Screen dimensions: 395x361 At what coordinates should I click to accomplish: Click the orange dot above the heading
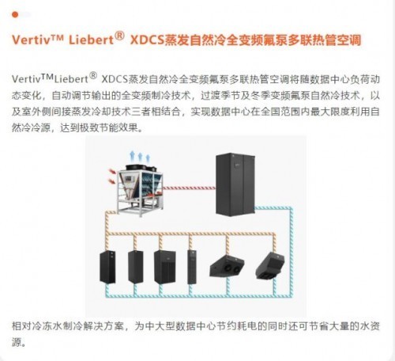(x=15, y=15)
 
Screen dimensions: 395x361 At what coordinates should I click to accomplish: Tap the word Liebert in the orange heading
(x=92, y=40)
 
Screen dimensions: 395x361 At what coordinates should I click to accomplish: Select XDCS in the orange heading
(x=147, y=40)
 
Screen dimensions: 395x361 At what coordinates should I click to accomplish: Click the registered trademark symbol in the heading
(x=119, y=36)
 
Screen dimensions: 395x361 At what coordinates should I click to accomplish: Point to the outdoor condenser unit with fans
(x=140, y=190)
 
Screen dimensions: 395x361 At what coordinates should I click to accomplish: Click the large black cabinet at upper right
(x=235, y=184)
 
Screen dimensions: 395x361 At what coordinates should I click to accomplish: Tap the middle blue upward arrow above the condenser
(x=140, y=157)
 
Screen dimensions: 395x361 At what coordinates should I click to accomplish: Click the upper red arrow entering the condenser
(x=112, y=172)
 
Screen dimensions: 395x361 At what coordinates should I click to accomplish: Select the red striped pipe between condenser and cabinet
(x=189, y=188)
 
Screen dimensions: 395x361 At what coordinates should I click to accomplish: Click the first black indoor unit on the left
(x=107, y=267)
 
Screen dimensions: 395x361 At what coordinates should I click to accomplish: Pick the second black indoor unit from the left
(x=136, y=267)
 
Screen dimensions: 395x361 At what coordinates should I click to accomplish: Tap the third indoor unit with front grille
(x=164, y=267)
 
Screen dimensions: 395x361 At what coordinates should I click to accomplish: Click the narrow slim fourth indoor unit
(x=192, y=267)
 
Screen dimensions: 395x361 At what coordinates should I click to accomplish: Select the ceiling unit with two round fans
(x=227, y=266)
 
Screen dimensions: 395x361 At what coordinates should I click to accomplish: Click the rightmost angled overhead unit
(x=270, y=265)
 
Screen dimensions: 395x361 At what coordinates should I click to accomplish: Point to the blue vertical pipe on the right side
(x=292, y=252)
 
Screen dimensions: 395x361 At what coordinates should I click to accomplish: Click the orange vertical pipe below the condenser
(x=107, y=230)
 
